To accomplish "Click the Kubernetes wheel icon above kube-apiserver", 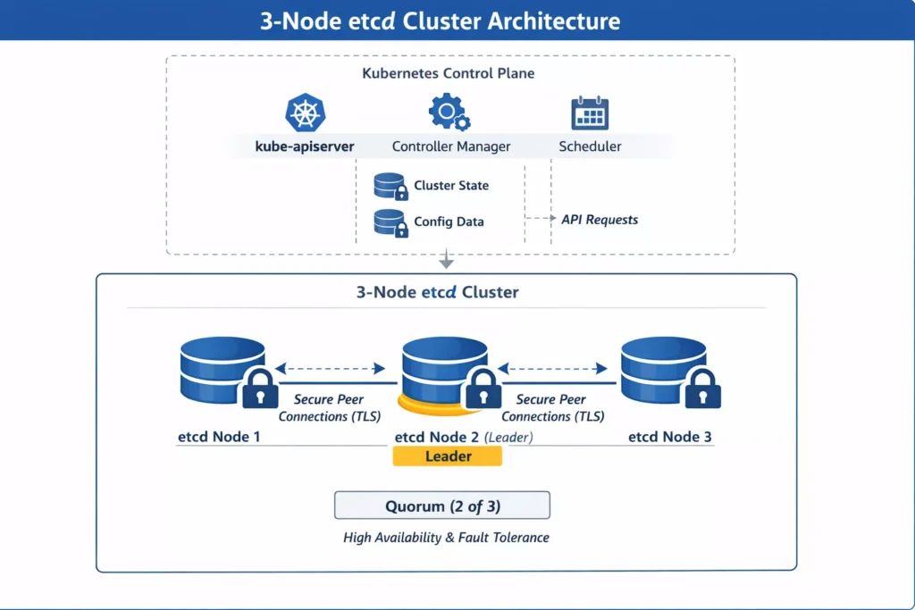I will [x=305, y=113].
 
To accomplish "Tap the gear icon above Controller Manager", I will [x=449, y=113].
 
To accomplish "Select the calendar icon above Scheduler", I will [x=590, y=113].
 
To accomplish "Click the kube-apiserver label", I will [x=305, y=146].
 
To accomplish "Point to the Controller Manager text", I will [x=451, y=146].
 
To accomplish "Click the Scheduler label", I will [x=590, y=146].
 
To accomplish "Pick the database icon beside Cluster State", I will [x=390, y=186].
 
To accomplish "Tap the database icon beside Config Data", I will [x=390, y=222].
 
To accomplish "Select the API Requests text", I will [x=600, y=220].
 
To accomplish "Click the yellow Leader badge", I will [x=448, y=456].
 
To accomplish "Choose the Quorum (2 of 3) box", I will [x=442, y=506].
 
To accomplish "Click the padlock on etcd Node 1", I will [x=260, y=389].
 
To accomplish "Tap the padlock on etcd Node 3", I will [x=702, y=389].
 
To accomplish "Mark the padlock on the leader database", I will [x=483, y=389].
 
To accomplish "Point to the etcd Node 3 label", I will [x=670, y=438].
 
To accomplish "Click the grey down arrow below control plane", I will [x=447, y=262].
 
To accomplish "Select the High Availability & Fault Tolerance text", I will [x=446, y=538].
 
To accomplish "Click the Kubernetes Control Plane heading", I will [x=449, y=73].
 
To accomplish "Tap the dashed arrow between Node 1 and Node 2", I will [x=330, y=368].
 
